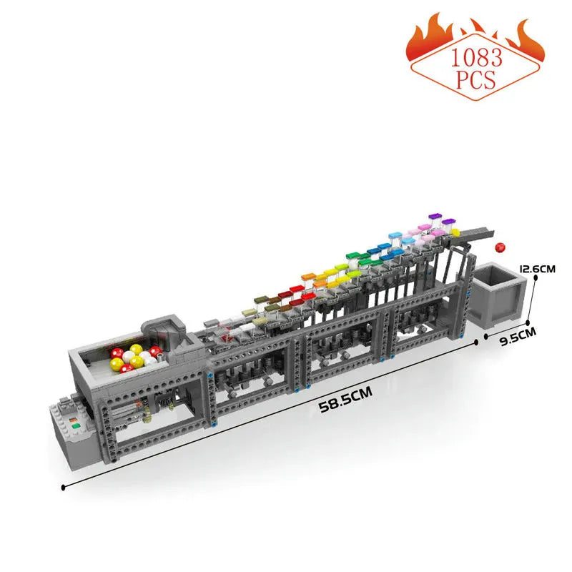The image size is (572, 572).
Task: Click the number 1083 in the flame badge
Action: (x=476, y=58)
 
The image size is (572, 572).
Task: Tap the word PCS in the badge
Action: (x=476, y=80)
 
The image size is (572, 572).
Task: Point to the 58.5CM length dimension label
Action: (x=346, y=399)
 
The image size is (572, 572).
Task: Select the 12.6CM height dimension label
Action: (x=538, y=270)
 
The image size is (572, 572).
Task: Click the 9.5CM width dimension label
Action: (x=518, y=336)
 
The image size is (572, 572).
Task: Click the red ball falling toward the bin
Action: (x=500, y=247)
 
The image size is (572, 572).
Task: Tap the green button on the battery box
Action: (x=76, y=425)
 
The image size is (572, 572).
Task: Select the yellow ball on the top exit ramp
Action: (x=455, y=232)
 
